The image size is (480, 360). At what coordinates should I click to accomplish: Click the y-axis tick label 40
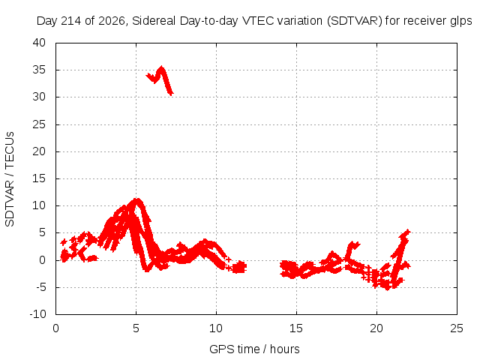[x=39, y=43]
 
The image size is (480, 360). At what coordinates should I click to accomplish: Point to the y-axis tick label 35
[x=39, y=70]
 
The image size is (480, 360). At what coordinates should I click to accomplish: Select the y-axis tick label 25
[x=39, y=124]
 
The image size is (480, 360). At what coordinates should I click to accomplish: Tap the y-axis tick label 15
[x=39, y=178]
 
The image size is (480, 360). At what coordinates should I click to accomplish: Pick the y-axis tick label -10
[x=38, y=314]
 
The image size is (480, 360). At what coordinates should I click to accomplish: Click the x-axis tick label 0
[x=55, y=328]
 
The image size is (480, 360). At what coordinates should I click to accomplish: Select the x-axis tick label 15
[x=296, y=328]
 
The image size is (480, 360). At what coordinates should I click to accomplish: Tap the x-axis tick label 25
[x=457, y=328]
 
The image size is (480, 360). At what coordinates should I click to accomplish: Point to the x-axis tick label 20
[x=376, y=328]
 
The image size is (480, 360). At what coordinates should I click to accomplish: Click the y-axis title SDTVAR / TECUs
[x=10, y=179]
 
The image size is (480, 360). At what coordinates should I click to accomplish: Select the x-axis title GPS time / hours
[x=254, y=349]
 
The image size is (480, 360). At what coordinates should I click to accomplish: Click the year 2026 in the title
[x=112, y=21]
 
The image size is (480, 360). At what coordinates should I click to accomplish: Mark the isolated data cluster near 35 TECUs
[x=160, y=79]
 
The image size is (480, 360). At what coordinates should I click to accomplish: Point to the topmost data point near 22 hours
[x=407, y=232]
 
